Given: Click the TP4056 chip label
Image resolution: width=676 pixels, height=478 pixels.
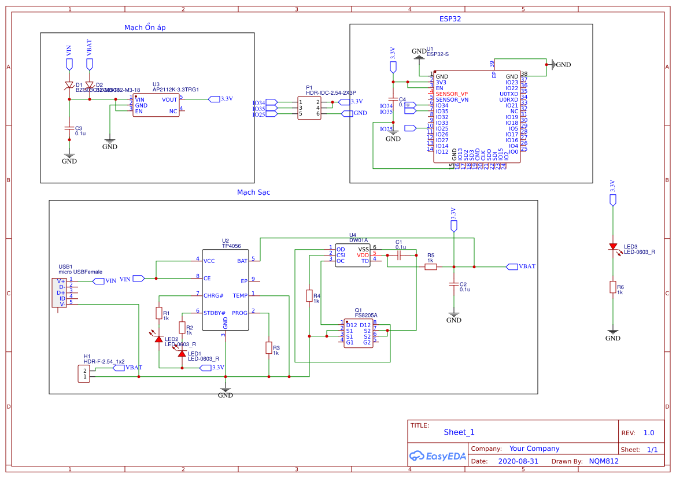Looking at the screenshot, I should pyautogui.click(x=231, y=246).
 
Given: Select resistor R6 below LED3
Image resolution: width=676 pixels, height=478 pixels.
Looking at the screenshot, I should pyautogui.click(x=613, y=287).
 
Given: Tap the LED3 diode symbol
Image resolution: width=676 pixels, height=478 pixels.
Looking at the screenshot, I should pyautogui.click(x=613, y=247).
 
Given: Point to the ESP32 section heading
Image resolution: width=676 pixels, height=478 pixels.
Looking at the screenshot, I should pyautogui.click(x=450, y=19).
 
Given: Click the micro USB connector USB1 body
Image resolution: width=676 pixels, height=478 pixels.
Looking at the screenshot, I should pyautogui.click(x=59, y=292).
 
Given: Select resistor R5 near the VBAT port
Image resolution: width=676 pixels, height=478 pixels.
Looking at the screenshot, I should pyautogui.click(x=430, y=266).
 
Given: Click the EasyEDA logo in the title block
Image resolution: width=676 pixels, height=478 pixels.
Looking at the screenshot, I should pyautogui.click(x=437, y=455).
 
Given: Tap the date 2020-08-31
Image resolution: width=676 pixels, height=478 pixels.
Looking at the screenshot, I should pyautogui.click(x=518, y=461).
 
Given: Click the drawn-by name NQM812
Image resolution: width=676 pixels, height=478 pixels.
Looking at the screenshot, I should pyautogui.click(x=604, y=461).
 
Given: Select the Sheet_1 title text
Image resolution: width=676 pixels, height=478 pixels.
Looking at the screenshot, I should pyautogui.click(x=459, y=432).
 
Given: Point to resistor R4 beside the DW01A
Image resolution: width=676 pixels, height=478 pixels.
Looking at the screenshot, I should pyautogui.click(x=309, y=296).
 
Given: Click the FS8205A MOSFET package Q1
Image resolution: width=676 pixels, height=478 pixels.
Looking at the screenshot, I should pyautogui.click(x=358, y=334).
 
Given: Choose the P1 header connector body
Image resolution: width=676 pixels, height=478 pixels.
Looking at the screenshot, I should pyautogui.click(x=309, y=108).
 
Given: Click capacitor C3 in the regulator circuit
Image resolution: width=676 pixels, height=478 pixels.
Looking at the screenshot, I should pyautogui.click(x=69, y=128).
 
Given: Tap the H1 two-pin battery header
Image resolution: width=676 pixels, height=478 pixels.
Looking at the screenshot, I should pyautogui.click(x=84, y=374).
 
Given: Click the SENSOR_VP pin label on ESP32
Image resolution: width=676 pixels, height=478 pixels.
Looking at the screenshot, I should pyautogui.click(x=452, y=94).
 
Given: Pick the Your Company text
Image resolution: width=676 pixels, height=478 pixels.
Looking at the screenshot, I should pyautogui.click(x=534, y=449).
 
